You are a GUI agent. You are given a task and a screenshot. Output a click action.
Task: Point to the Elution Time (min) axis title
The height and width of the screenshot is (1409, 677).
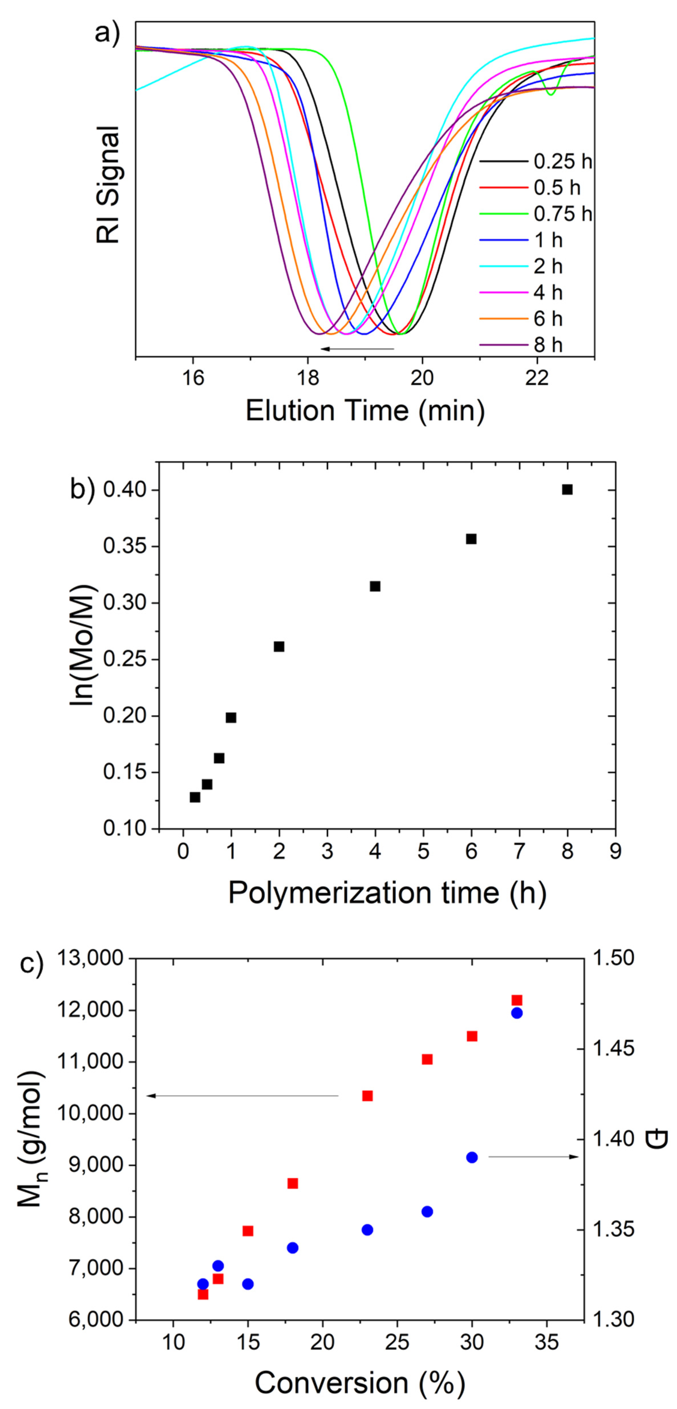pyautogui.click(x=365, y=410)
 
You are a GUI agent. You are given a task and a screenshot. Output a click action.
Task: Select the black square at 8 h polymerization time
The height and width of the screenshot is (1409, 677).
pyautogui.click(x=567, y=490)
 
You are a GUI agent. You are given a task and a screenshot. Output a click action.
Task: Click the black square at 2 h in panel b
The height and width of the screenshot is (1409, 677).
pyautogui.click(x=279, y=647)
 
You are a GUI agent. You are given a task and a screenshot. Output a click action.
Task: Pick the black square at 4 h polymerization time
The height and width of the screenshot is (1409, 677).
pyautogui.click(x=375, y=586)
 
